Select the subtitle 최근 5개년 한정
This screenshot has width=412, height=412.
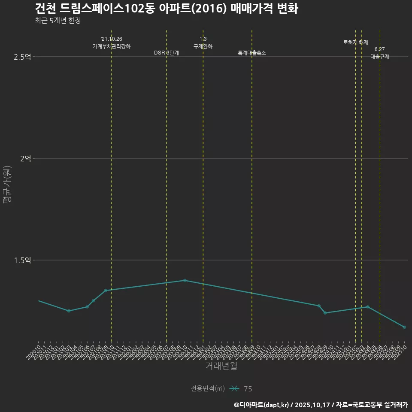pyautogui.click(x=58, y=20)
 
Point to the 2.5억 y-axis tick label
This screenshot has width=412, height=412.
pyautogui.click(x=22, y=57)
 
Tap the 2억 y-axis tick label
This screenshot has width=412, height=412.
pyautogui.click(x=25, y=158)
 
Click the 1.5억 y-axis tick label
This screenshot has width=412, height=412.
pyautogui.click(x=22, y=260)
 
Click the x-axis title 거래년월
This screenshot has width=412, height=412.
pyautogui.click(x=221, y=366)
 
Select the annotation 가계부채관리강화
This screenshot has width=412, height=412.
pyautogui.click(x=112, y=46)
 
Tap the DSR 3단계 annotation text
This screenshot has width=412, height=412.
pyautogui.click(x=167, y=53)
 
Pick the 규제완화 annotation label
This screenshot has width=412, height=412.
pyautogui.click(x=203, y=46)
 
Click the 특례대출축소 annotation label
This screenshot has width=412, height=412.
pyautogui.click(x=252, y=53)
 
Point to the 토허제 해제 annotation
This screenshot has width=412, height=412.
pyautogui.click(x=356, y=42)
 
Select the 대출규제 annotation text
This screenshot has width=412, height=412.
pyautogui.click(x=380, y=57)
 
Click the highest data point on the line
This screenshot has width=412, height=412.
pyautogui.click(x=185, y=280)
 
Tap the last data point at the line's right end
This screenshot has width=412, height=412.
pyautogui.click(x=404, y=327)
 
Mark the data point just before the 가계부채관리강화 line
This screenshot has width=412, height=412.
pyautogui.click(x=106, y=291)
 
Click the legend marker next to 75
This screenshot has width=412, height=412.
pyautogui.click(x=234, y=389)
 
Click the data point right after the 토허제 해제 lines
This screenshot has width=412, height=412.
pyautogui.click(x=368, y=307)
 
